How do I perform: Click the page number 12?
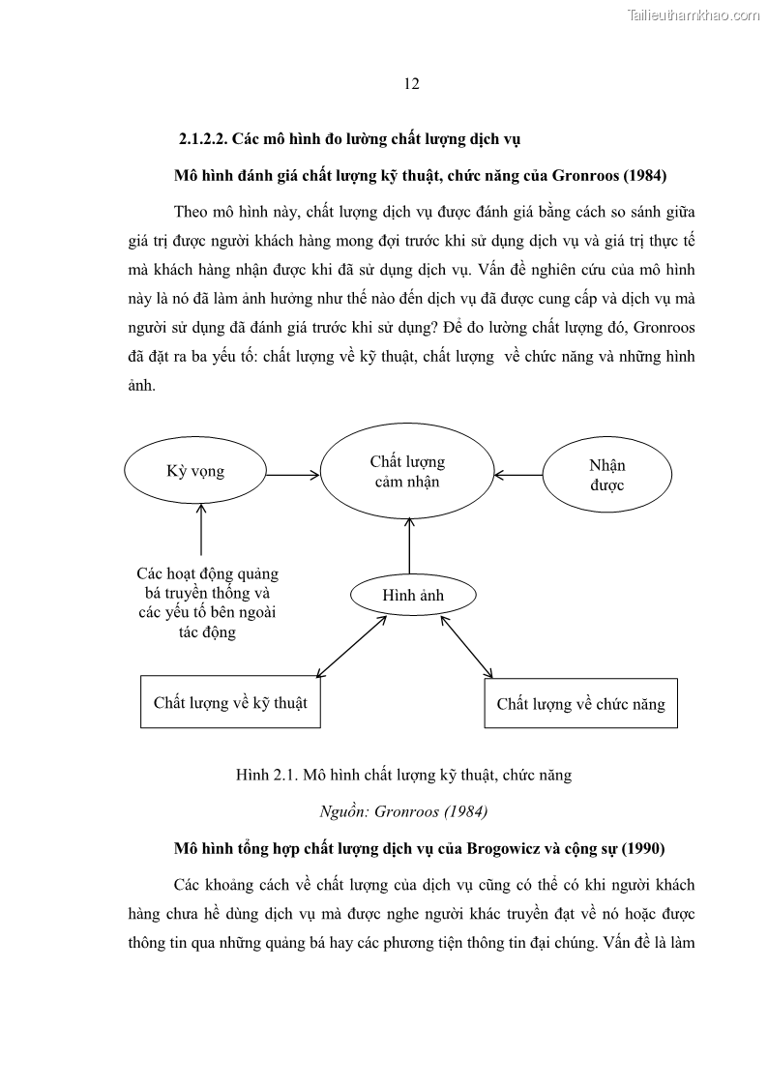click(411, 84)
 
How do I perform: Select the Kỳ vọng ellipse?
click(194, 471)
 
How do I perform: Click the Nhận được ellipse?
click(606, 476)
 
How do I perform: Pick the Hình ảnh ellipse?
click(412, 596)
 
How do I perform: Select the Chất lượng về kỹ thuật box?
click(230, 702)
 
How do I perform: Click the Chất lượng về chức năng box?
click(580, 703)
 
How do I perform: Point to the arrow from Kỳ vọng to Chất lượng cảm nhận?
click(292, 474)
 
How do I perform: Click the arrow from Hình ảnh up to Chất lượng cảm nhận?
click(410, 546)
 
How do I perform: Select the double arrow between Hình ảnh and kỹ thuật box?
click(351, 645)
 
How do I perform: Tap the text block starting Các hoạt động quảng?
click(207, 602)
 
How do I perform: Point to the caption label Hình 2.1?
click(265, 775)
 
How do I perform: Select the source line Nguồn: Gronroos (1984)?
click(402, 810)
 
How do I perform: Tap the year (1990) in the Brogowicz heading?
click(642, 848)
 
